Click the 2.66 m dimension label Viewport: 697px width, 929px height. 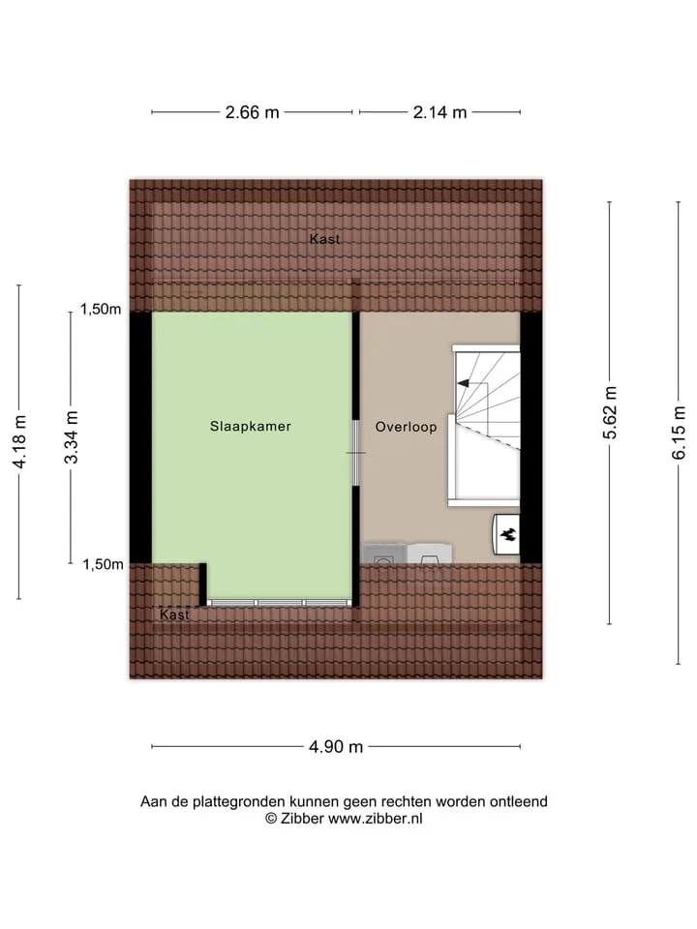pos(252,112)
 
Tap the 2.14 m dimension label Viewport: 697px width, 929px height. pos(439,112)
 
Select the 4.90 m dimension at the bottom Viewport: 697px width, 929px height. pos(336,746)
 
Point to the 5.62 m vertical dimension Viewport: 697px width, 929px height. pos(610,413)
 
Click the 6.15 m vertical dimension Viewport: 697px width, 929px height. pos(679,434)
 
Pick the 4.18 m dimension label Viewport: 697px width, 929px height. pos(19,442)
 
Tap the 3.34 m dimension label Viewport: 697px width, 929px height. pos(71,437)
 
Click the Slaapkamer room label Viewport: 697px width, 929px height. pos(250,427)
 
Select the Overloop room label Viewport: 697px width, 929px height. pos(406,427)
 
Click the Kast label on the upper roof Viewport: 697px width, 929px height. pos(325,239)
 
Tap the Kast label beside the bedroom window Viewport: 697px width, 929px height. pos(174,615)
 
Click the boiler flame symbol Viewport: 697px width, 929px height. pos(506,535)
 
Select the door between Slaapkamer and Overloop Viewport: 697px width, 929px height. pos(356,453)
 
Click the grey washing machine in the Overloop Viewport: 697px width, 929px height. pos(384,554)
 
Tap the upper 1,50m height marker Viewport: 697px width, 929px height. pos(101,309)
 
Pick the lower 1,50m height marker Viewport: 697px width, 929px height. pos(103,564)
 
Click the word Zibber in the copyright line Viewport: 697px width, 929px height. pos(302,819)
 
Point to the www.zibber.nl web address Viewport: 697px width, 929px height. pos(376,819)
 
